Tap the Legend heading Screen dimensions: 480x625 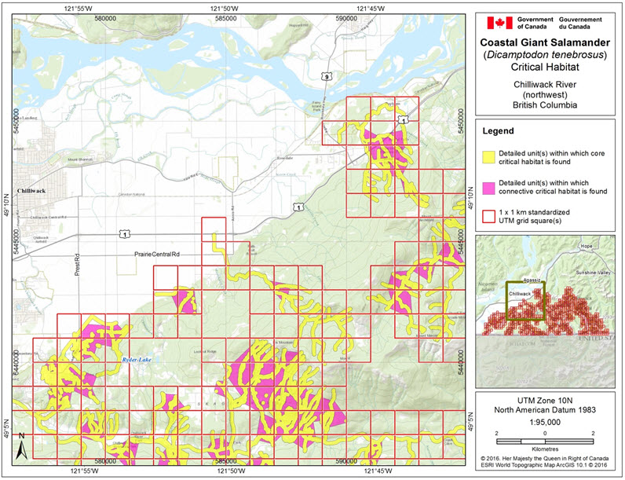point(502,130)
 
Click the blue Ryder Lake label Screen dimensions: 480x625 point(136,359)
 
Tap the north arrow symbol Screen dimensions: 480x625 point(23,447)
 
